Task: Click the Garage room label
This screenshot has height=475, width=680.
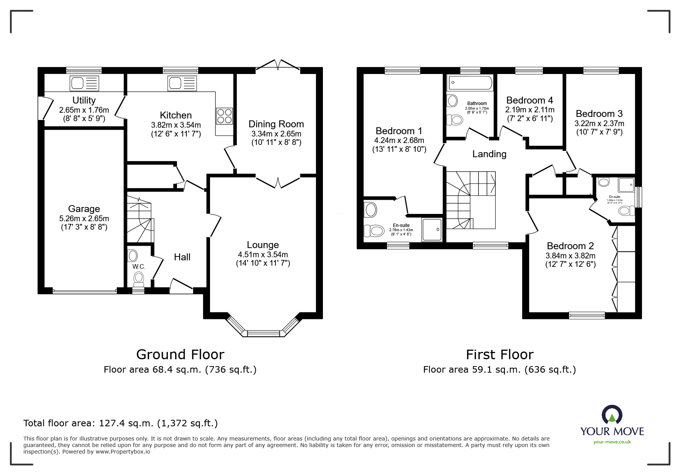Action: (x=84, y=209)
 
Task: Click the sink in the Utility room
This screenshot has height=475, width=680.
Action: (x=84, y=83)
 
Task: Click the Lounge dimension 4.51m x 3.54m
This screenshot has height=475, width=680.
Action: (x=263, y=255)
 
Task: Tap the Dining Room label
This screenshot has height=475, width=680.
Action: (x=276, y=124)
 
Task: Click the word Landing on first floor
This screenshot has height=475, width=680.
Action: (x=489, y=154)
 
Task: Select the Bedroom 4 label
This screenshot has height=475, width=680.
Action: (x=529, y=100)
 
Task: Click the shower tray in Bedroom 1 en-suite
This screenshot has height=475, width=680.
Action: (x=432, y=229)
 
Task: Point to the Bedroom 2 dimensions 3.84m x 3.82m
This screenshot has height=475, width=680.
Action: (x=570, y=256)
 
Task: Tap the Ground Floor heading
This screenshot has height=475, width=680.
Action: (x=180, y=355)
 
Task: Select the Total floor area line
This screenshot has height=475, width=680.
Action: (x=121, y=423)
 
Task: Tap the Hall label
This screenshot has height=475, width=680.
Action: (x=182, y=257)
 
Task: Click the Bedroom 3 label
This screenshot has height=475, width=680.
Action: (x=599, y=114)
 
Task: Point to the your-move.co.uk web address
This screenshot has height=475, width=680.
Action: (x=612, y=442)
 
